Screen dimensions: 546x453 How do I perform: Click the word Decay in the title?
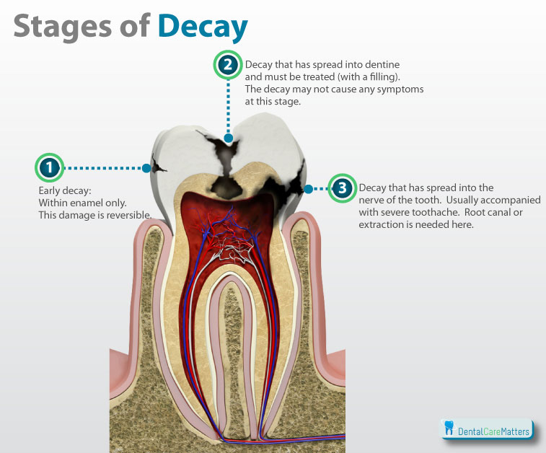[203, 27]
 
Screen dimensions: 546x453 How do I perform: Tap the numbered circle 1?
[50, 167]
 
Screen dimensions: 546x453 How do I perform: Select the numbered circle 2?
[228, 65]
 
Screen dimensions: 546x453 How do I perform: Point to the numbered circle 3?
[343, 188]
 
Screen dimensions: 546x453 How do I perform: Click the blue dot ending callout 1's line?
[146, 168]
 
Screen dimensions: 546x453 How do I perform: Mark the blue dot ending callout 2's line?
[229, 138]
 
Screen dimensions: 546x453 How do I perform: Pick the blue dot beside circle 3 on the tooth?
[308, 189]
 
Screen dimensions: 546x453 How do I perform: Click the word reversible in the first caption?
[129, 215]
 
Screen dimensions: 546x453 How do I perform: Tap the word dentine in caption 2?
[382, 64]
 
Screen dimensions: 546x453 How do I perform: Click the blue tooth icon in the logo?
[449, 428]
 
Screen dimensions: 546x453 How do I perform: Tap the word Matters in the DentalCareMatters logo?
[515, 432]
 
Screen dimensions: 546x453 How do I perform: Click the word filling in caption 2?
[382, 76]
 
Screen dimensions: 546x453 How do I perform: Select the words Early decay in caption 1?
[65, 191]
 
